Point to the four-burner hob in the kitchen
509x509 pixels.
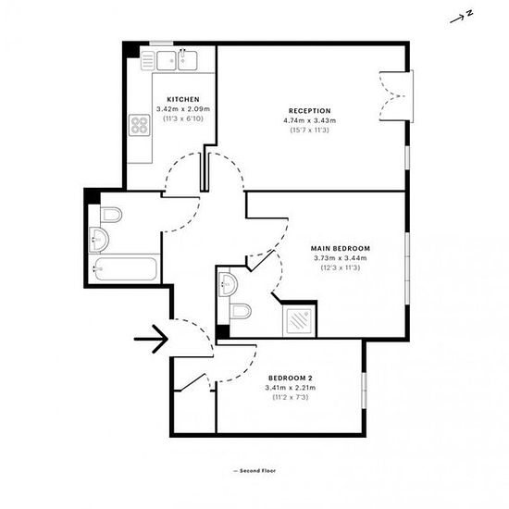coord(140,125)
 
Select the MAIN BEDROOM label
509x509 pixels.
coord(340,248)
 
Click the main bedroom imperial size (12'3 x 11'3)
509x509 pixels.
coord(340,268)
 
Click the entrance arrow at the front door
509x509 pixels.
coord(150,340)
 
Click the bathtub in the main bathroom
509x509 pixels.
coord(126,270)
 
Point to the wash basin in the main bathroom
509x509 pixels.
coord(98,242)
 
